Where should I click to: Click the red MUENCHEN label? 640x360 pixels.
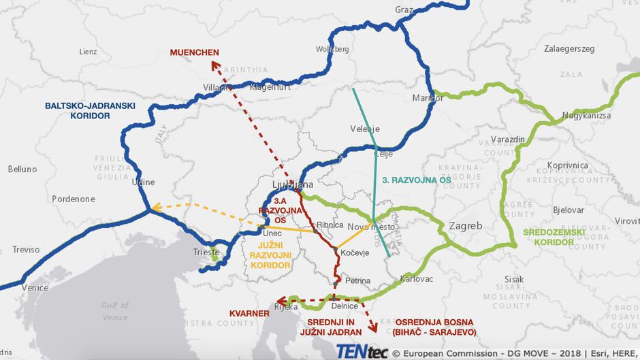(x=195, y=52)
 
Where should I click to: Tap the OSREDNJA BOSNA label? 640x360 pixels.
(x=434, y=327)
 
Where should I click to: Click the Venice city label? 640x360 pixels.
(x=35, y=288)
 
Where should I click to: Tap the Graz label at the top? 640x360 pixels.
(x=404, y=10)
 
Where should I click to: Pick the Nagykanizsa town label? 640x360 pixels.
(x=588, y=117)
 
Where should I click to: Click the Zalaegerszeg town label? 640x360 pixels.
(x=569, y=49)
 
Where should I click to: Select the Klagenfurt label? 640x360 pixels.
(x=271, y=86)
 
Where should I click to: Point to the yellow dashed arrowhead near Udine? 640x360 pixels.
(x=155, y=208)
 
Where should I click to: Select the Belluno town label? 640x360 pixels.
(x=22, y=169)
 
